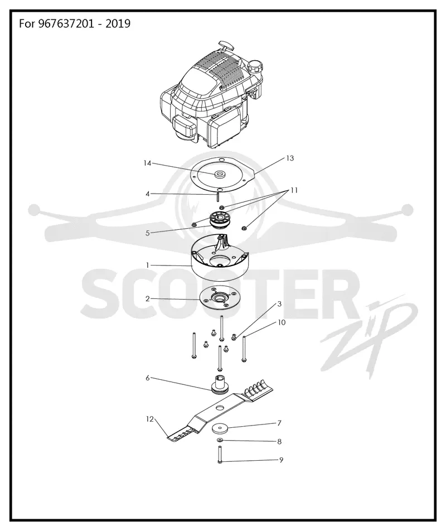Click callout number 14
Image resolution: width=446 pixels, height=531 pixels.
(x=147, y=163)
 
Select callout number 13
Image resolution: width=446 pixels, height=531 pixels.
(x=290, y=158)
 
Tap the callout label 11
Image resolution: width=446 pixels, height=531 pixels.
(x=294, y=190)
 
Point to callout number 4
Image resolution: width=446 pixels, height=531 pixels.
(x=148, y=194)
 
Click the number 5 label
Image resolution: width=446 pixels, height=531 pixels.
(x=148, y=233)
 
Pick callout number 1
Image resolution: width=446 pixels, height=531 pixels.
(x=148, y=265)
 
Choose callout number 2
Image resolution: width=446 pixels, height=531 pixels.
(x=148, y=299)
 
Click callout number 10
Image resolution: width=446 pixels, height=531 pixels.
(x=282, y=322)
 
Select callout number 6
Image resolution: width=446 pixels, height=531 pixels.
(x=148, y=378)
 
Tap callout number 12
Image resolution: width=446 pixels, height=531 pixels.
(x=150, y=419)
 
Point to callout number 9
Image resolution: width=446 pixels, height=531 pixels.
(x=281, y=460)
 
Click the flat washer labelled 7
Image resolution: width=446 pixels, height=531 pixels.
(x=220, y=428)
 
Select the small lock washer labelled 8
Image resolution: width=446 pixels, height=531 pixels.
(x=220, y=440)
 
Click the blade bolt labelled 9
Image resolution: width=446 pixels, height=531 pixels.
(x=220, y=455)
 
